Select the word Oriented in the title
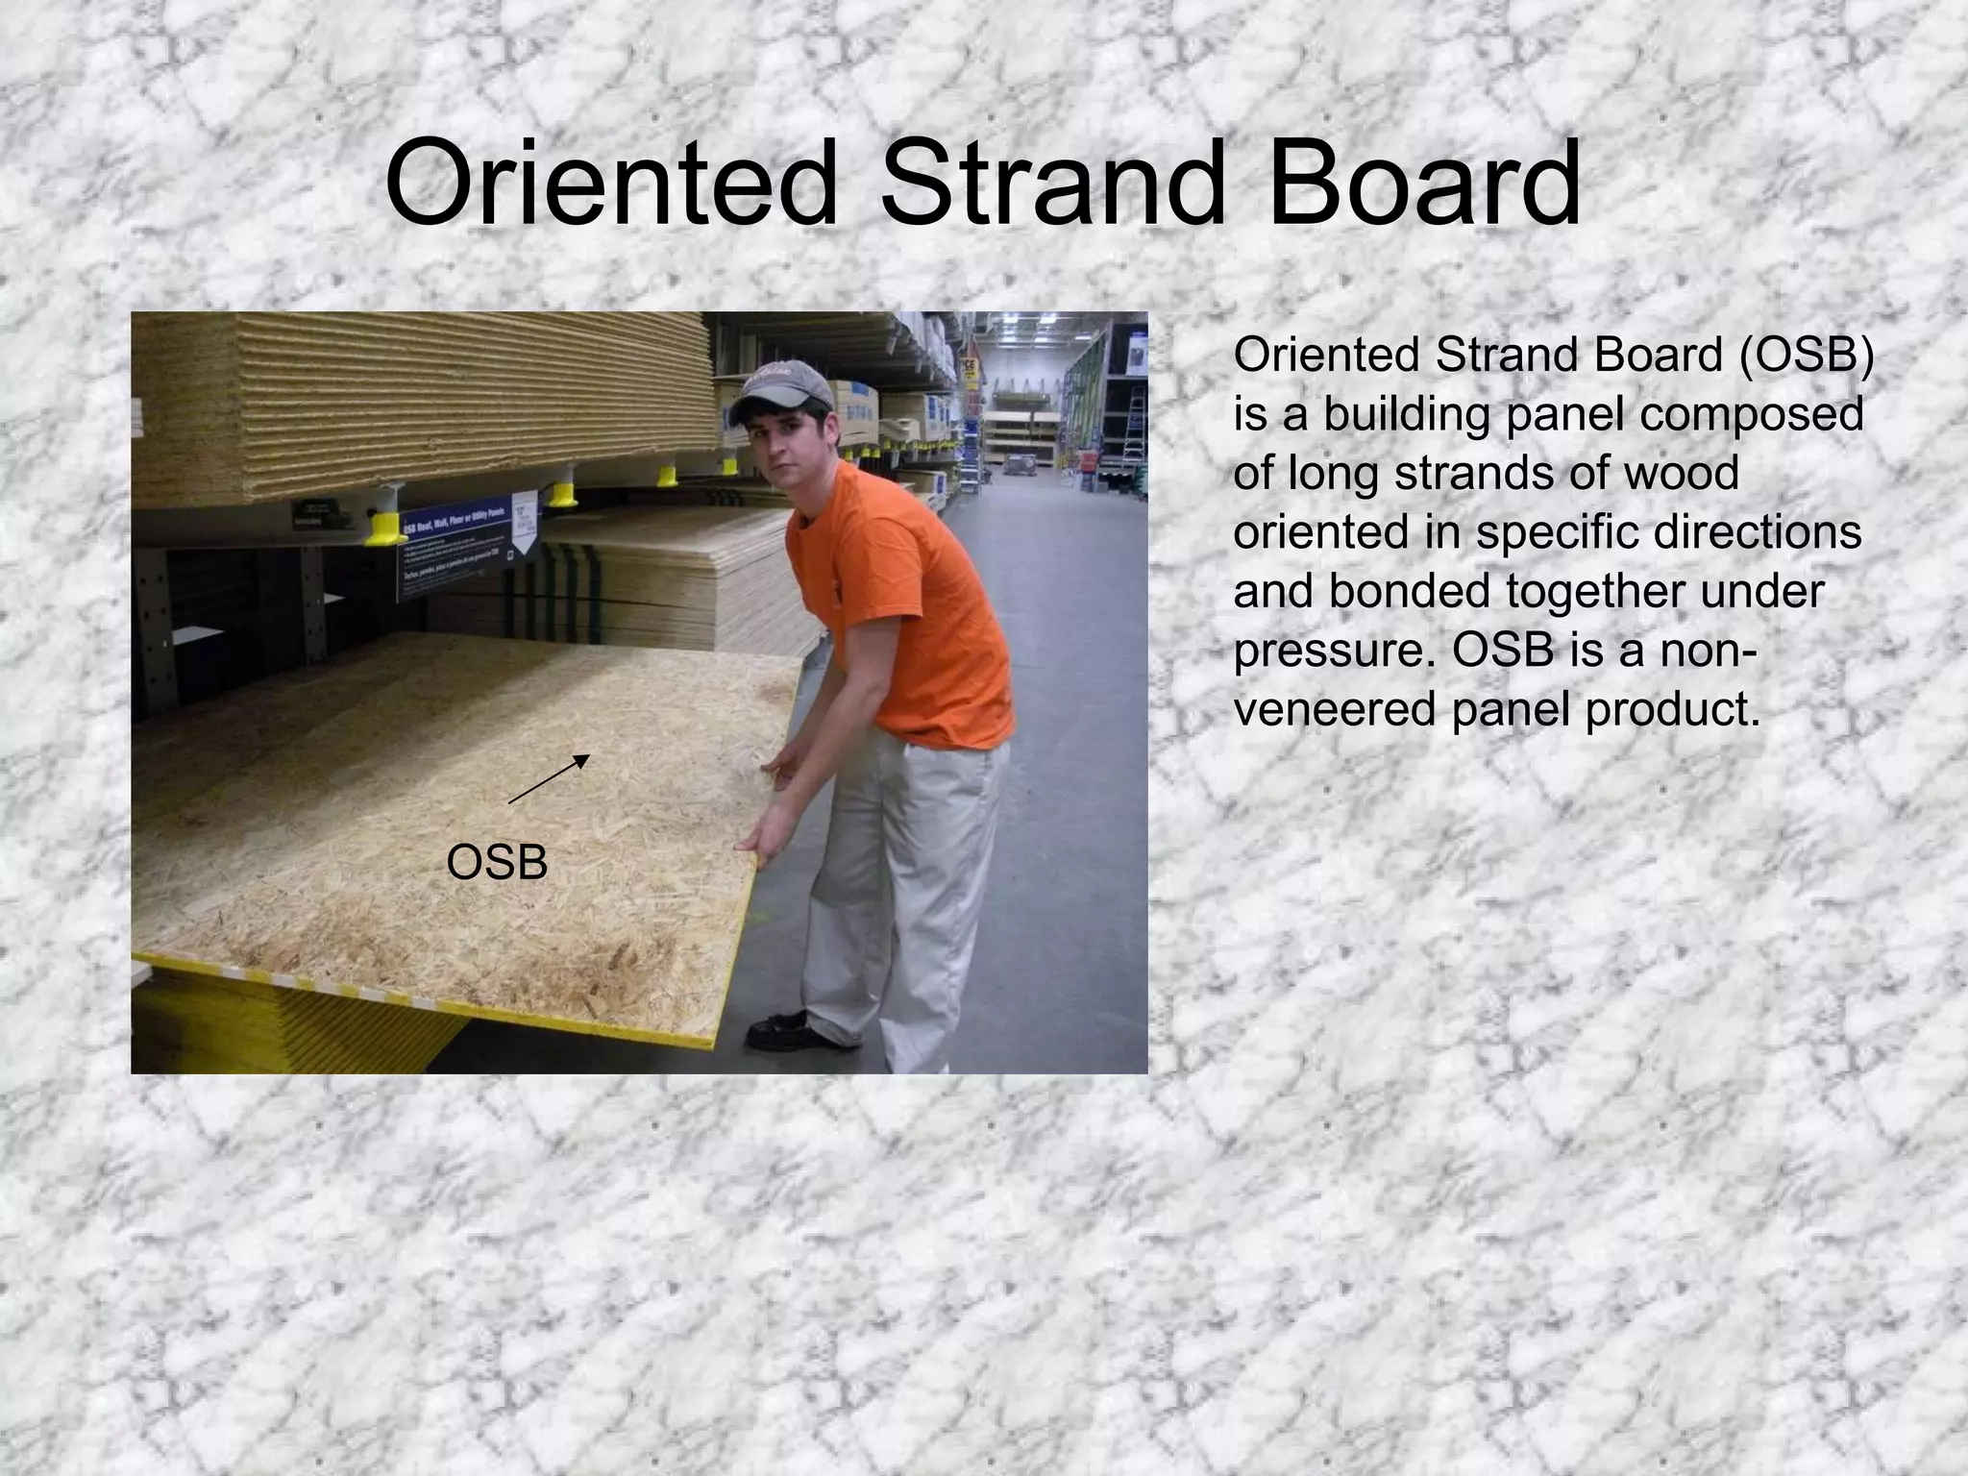[611, 183]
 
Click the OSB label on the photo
[497, 863]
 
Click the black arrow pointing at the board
[549, 778]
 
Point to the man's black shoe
[783, 1030]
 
